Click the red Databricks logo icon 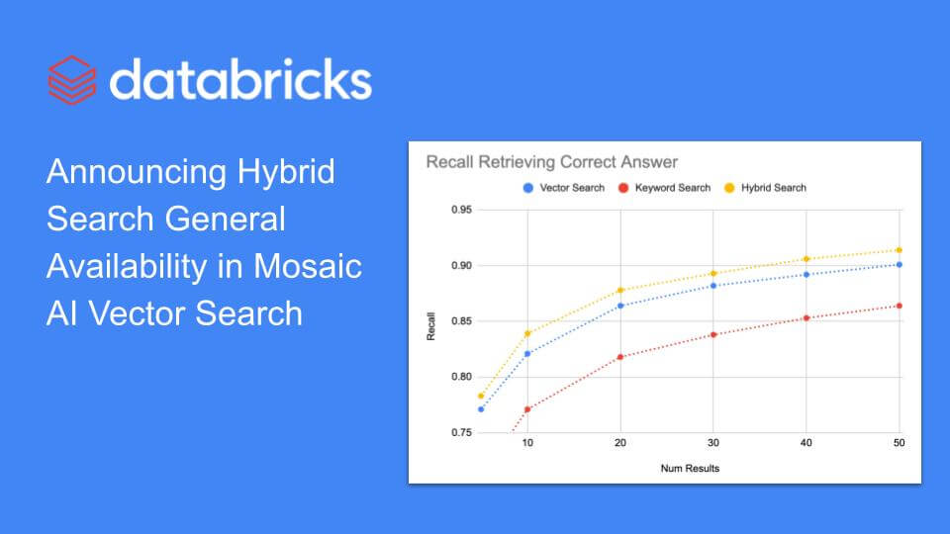point(71,79)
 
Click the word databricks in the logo point(240,79)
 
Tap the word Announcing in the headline point(137,171)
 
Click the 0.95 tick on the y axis point(460,210)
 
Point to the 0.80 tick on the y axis point(460,377)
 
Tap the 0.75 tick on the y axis point(460,432)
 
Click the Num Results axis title point(690,468)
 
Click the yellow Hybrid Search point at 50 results point(899,250)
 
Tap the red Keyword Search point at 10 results point(527,409)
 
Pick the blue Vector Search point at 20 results point(620,306)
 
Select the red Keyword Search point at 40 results point(807,317)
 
